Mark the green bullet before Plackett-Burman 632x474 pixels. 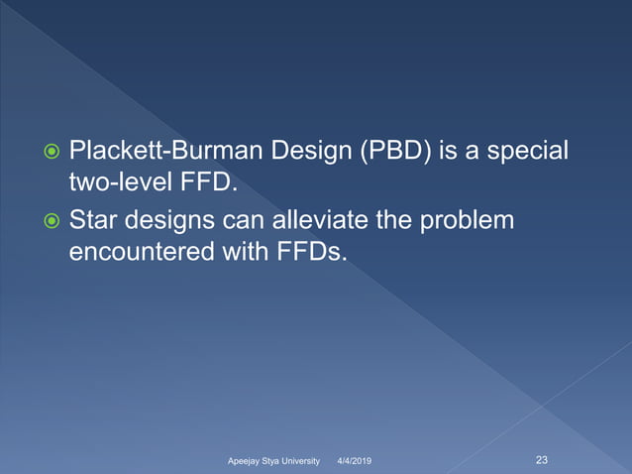49,154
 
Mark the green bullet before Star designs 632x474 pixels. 49,220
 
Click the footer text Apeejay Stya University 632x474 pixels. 273,461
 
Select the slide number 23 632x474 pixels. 542,459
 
